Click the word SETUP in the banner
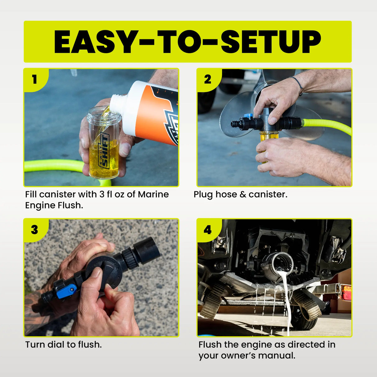pyautogui.click(x=270, y=42)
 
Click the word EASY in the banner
pyautogui.click(x=94, y=42)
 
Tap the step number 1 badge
pyautogui.click(x=34, y=79)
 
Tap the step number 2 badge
pyautogui.click(x=207, y=79)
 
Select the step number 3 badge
pyautogui.click(x=34, y=230)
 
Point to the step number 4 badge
pyautogui.click(x=207, y=230)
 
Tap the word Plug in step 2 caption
pyautogui.click(x=203, y=195)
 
